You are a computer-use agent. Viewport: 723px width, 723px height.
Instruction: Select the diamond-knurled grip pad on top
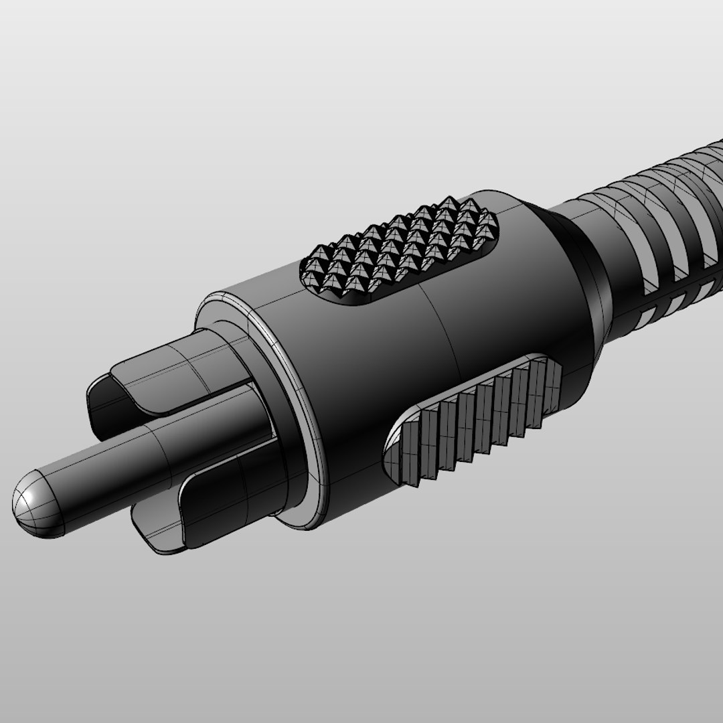(x=402, y=251)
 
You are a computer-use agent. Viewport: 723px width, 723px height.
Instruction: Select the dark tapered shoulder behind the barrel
(x=589, y=281)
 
